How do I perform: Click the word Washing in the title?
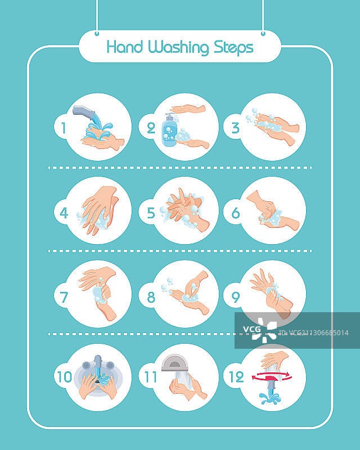pos(178,47)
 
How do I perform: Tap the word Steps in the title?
pos(233,48)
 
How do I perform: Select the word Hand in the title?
pos(124,47)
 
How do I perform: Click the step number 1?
pos(64,128)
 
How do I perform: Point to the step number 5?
pos(151,213)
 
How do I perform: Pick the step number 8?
pos(151,298)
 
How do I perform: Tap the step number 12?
pos(237,377)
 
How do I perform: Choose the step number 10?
pos(65,377)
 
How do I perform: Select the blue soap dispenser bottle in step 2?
pos(169,130)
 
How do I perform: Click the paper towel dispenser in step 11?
pos(174,363)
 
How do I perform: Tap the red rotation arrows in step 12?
pos(271,376)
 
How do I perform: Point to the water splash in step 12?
pos(270,398)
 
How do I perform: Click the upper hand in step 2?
pos(188,109)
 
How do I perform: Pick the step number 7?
pos(64,298)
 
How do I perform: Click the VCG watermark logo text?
pos(252,329)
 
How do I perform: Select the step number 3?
pos(236,128)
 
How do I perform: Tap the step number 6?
pos(236,213)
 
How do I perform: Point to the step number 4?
pos(64,213)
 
